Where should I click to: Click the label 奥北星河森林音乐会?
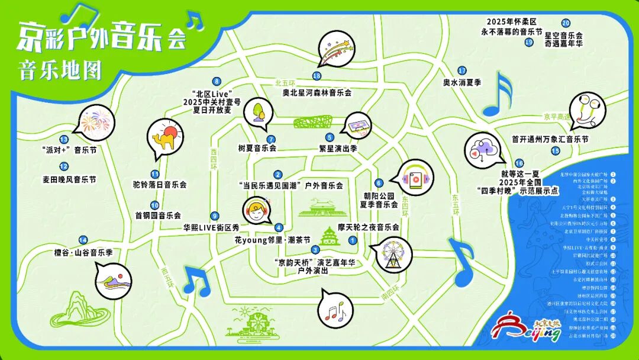pyautogui.click(x=317, y=92)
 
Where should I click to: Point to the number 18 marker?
pyautogui.click(x=317, y=76)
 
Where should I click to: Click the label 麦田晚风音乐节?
pyautogui.click(x=69, y=179)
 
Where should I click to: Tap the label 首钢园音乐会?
pyautogui.click(x=157, y=216)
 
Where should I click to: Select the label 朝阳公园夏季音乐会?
pyautogui.click(x=379, y=199)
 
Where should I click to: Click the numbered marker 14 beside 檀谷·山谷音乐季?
pyautogui.click(x=83, y=240)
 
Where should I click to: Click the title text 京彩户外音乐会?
pyautogui.click(x=101, y=37)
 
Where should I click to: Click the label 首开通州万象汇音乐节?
pyautogui.click(x=550, y=139)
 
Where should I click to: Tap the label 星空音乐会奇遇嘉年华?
pyautogui.click(x=563, y=40)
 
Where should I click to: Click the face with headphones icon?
pyautogui.click(x=257, y=210)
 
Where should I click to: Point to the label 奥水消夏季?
pyautogui.click(x=462, y=82)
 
